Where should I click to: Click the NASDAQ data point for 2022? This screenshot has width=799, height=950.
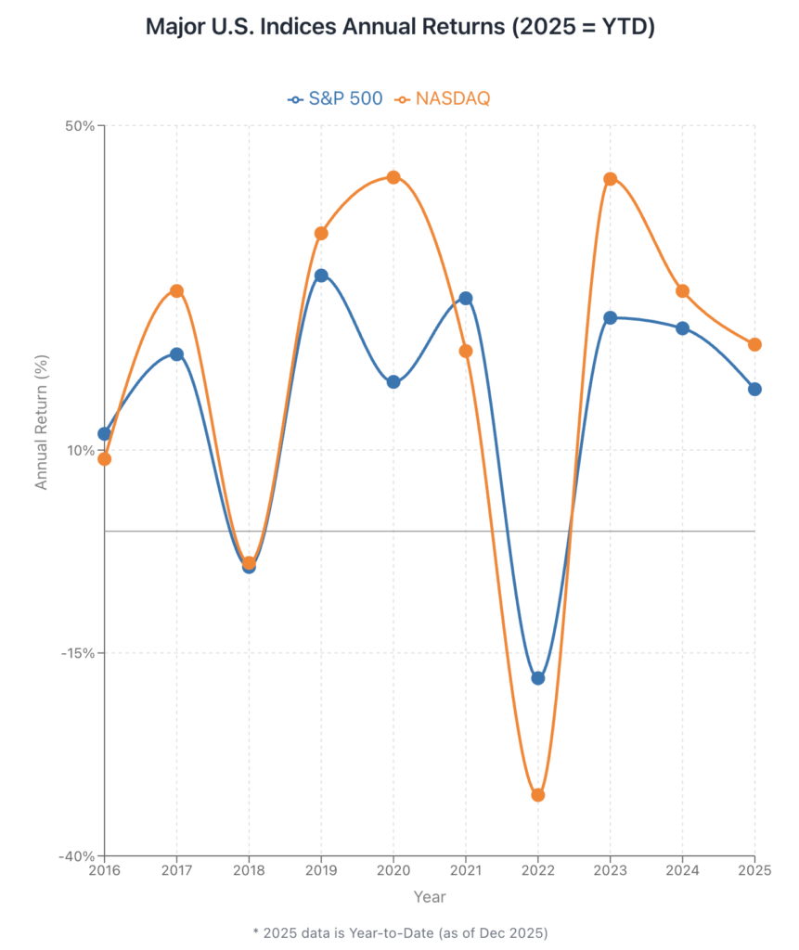pos(538,795)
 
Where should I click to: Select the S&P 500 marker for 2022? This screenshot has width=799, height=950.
pos(538,678)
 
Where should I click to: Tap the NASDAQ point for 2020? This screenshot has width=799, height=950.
pos(393,177)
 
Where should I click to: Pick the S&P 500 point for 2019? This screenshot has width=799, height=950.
pos(321,276)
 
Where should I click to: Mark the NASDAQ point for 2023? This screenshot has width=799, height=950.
pos(611,179)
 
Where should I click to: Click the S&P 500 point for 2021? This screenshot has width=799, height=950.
pos(466,299)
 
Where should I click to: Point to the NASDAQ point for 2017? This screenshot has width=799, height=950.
pos(176,291)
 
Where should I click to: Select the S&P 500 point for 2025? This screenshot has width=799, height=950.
pos(755,389)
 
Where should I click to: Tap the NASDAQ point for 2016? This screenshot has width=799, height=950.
pos(105,458)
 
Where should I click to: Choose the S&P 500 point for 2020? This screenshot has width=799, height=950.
pos(393,381)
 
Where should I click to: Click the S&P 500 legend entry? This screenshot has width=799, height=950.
pos(336,98)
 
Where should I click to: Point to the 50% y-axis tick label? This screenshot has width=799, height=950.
pos(80,125)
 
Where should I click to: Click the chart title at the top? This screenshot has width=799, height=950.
pos(400,27)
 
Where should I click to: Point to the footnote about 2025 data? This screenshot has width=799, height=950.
pos(400,931)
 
